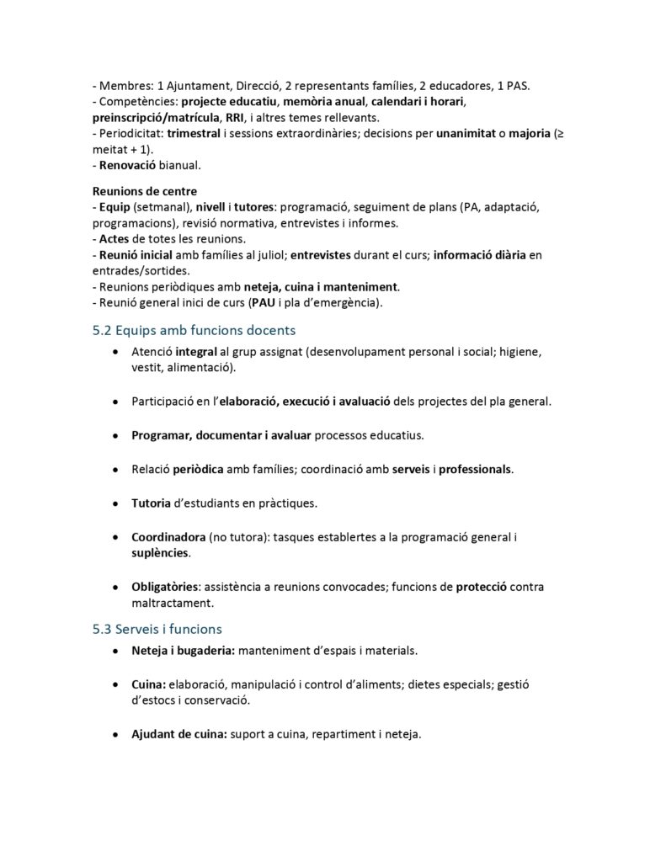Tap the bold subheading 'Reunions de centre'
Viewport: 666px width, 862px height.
click(x=144, y=191)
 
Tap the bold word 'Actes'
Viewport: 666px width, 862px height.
click(x=115, y=238)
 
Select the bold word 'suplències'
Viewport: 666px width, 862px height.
click(x=160, y=553)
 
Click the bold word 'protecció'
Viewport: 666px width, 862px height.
click(x=481, y=586)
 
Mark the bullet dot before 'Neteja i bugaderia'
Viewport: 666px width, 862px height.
click(x=115, y=652)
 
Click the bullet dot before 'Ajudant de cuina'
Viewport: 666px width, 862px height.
click(x=115, y=735)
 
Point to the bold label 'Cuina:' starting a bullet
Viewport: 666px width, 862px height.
click(x=148, y=684)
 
